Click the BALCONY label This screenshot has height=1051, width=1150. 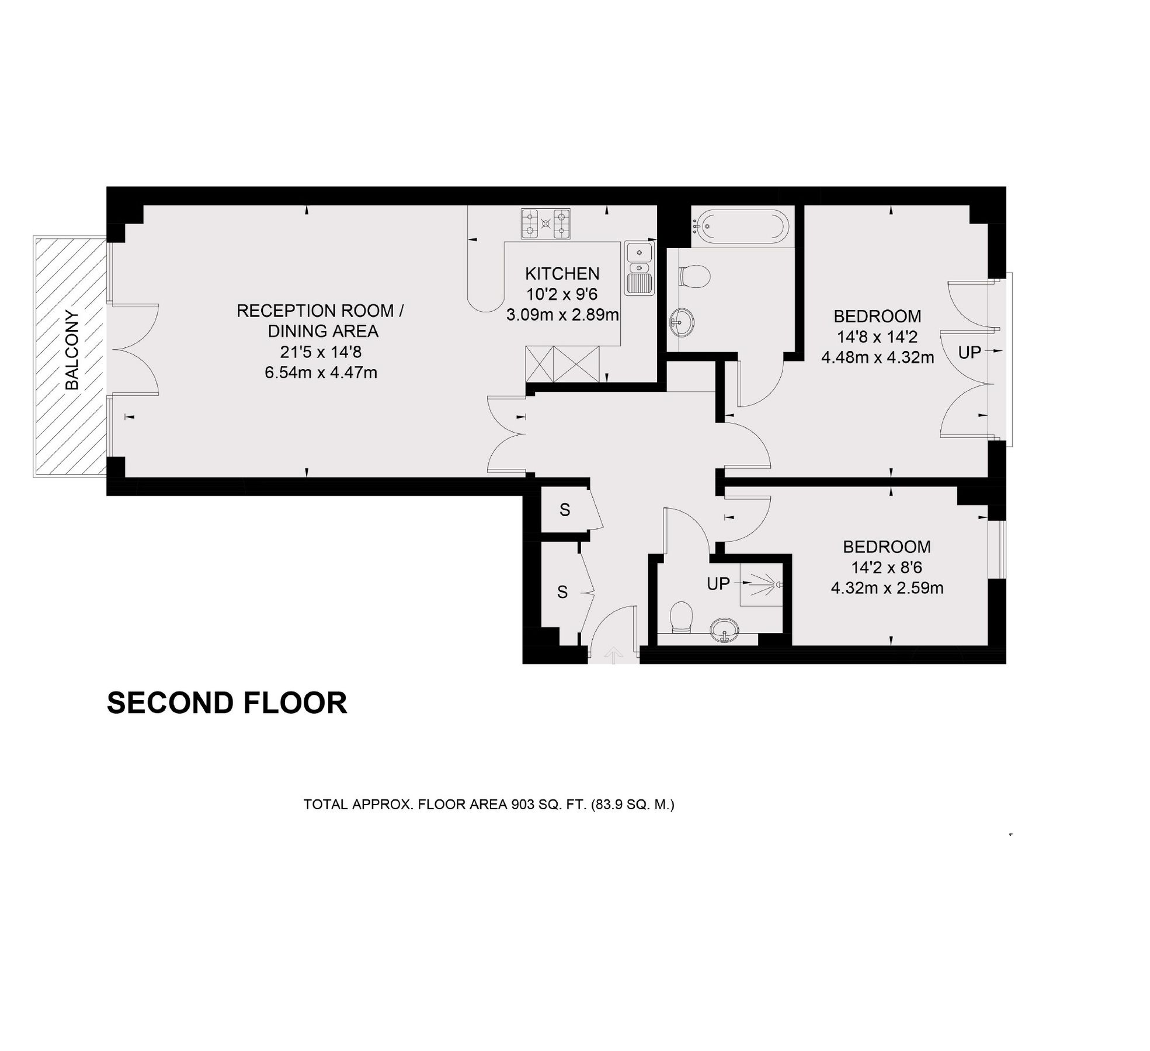72,350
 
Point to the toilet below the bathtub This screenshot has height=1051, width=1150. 695,276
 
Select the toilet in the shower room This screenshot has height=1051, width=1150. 681,618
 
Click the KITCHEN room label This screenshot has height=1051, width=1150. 562,273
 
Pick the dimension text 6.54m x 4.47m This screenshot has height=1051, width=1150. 321,373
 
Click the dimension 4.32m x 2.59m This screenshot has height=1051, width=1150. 887,588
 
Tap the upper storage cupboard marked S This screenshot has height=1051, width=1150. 564,510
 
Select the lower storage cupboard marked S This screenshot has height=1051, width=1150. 562,593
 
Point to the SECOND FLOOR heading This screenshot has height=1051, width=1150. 227,703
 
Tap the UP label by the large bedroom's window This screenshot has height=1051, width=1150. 970,352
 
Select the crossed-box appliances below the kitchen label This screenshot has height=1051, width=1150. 562,364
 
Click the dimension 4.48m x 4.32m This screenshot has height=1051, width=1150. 877,357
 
